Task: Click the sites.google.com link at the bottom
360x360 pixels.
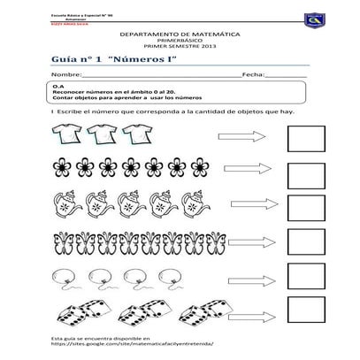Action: [133, 346]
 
